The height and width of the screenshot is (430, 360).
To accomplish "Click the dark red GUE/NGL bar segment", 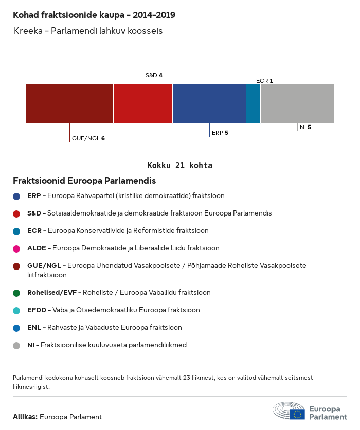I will pyautogui.click(x=69, y=104).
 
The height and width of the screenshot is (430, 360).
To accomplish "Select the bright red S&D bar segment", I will pyautogui.click(x=143, y=104).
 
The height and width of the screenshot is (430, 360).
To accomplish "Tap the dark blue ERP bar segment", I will pyautogui.click(x=209, y=104).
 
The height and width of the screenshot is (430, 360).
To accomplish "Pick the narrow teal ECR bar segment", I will pyautogui.click(x=253, y=104).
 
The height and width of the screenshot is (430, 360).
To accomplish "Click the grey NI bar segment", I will pyautogui.click(x=297, y=104).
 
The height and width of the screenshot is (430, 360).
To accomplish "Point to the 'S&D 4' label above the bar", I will pyautogui.click(x=154, y=75).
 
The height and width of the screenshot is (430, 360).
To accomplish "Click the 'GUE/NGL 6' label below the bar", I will pyautogui.click(x=88, y=138).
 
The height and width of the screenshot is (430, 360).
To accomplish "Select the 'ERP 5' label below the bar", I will pyautogui.click(x=220, y=133).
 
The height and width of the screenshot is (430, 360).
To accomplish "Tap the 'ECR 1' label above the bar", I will pyautogui.click(x=264, y=81).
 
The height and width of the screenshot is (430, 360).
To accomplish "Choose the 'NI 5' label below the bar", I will pyautogui.click(x=305, y=127).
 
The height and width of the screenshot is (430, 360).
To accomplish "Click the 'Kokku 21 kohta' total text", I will pyautogui.click(x=180, y=166).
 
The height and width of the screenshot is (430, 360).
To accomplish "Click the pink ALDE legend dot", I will pyautogui.click(x=16, y=248).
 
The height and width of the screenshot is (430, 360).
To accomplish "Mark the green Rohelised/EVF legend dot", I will pyautogui.click(x=16, y=293).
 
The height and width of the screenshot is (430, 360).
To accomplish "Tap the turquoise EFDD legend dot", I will pyautogui.click(x=16, y=310).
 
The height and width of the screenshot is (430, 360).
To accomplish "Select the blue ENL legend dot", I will pyautogui.click(x=16, y=328).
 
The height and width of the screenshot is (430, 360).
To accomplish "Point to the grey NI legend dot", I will pyautogui.click(x=16, y=345).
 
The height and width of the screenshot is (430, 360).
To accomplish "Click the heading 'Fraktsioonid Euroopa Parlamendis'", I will pyautogui.click(x=84, y=181).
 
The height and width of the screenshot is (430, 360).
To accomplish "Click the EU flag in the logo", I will pyautogui.click(x=297, y=415).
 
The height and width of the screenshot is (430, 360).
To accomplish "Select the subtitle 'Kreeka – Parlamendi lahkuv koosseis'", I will pyautogui.click(x=88, y=31).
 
